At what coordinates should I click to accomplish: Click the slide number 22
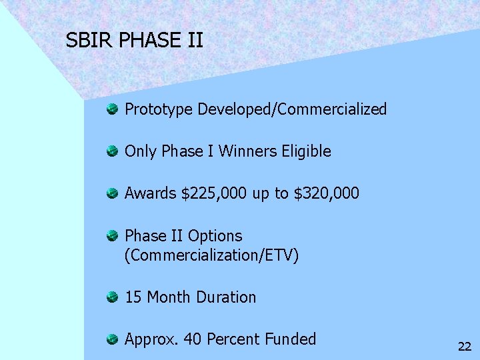pyautogui.click(x=464, y=346)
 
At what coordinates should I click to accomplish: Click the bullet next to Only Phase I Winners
pyautogui.click(x=113, y=151)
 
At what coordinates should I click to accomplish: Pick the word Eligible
pyautogui.click(x=306, y=152)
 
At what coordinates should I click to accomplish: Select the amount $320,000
pyautogui.click(x=326, y=194)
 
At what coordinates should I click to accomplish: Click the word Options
pyautogui.click(x=215, y=236)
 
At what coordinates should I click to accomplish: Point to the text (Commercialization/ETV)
pyautogui.click(x=212, y=255)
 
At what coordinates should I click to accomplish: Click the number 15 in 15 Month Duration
pyautogui.click(x=133, y=297)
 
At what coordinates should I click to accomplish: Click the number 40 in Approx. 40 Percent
pyautogui.click(x=193, y=339)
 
